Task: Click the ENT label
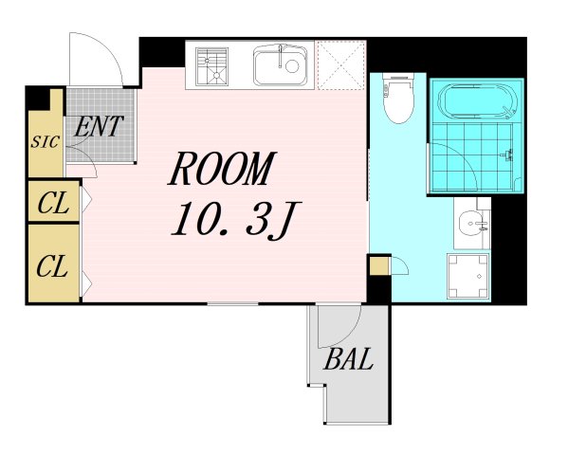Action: click(x=99, y=126)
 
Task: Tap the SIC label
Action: click(x=45, y=141)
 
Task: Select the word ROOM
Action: click(x=222, y=169)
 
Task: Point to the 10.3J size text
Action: click(x=235, y=221)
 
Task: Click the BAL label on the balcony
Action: click(x=348, y=358)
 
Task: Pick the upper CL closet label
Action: click(x=53, y=203)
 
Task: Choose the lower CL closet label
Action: click(x=52, y=266)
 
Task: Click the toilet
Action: click(x=398, y=99)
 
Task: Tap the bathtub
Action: click(x=477, y=101)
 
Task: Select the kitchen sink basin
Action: click(x=280, y=65)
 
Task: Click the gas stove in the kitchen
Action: click(x=211, y=67)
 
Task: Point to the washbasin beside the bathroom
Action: click(x=472, y=224)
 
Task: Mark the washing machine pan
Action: click(x=468, y=276)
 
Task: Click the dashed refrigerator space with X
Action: click(x=340, y=65)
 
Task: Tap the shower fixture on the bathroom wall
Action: click(x=508, y=155)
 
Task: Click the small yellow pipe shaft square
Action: click(x=379, y=265)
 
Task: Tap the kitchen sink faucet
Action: click(x=280, y=56)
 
